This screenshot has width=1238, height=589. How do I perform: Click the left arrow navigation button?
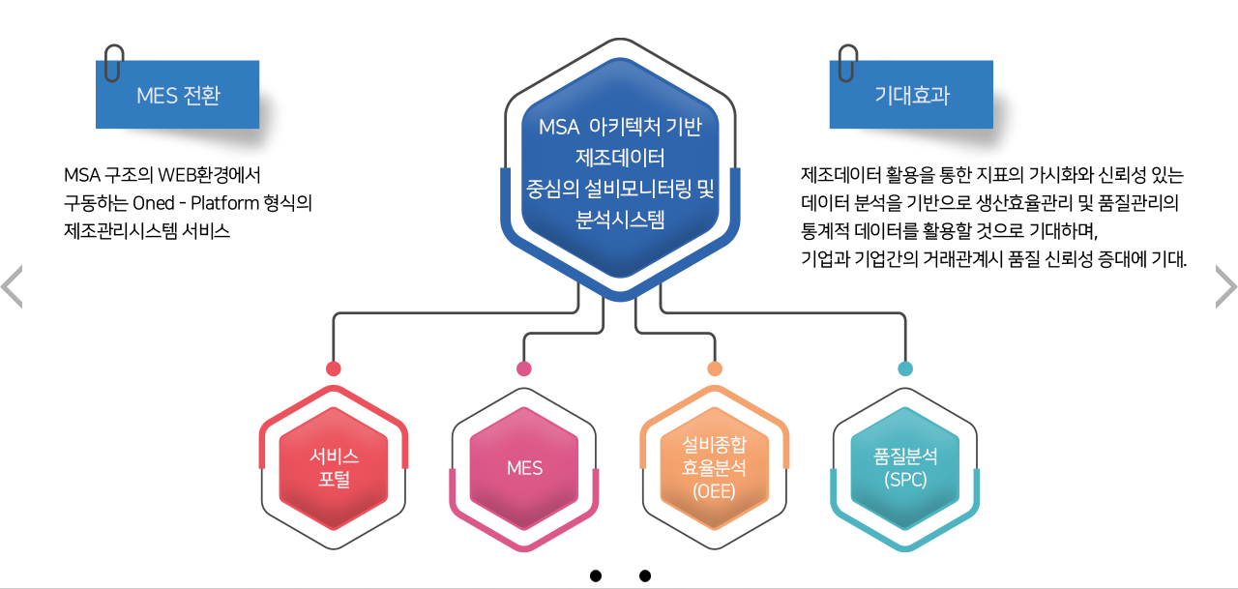coord(12,287)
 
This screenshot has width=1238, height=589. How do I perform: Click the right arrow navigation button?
coord(1225,287)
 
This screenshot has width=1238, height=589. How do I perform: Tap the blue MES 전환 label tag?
coord(178,95)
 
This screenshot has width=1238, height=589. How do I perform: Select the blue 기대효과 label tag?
coord(911,95)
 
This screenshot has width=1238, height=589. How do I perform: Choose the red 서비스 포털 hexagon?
coord(334,468)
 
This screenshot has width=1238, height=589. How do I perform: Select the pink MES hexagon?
coord(524,468)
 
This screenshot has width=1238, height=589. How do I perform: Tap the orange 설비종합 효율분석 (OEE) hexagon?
coord(715,468)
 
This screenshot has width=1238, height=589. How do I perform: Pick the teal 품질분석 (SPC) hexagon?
coord(905,467)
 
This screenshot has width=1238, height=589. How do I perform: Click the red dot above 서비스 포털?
coord(334,368)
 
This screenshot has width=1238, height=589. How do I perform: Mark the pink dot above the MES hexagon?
coord(524,368)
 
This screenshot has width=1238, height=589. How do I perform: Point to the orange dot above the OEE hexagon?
coord(715,368)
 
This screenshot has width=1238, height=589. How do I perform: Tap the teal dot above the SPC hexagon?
coord(905,368)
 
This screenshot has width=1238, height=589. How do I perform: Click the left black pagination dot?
coord(596,576)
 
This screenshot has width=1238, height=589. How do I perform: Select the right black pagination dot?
coord(645,576)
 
